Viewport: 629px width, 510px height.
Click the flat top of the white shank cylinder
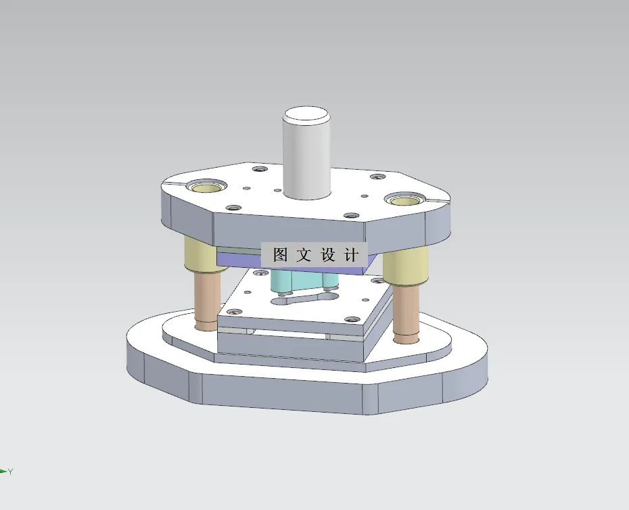click(x=307, y=114)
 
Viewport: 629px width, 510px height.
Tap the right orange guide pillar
click(x=407, y=312)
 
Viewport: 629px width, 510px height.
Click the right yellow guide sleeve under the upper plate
click(x=405, y=267)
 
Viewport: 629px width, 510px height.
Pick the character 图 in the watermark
click(x=280, y=255)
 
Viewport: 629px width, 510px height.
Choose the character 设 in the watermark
click(x=328, y=255)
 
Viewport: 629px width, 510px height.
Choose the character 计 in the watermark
click(x=351, y=255)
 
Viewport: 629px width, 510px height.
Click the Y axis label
click(x=11, y=471)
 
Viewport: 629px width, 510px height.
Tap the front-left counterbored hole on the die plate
click(x=234, y=312)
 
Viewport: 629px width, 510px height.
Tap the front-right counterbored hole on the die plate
click(x=352, y=319)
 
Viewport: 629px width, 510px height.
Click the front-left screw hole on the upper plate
click(x=233, y=207)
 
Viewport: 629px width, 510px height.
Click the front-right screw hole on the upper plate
click(x=350, y=216)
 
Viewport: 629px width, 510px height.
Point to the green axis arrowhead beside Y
click(x=3, y=471)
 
